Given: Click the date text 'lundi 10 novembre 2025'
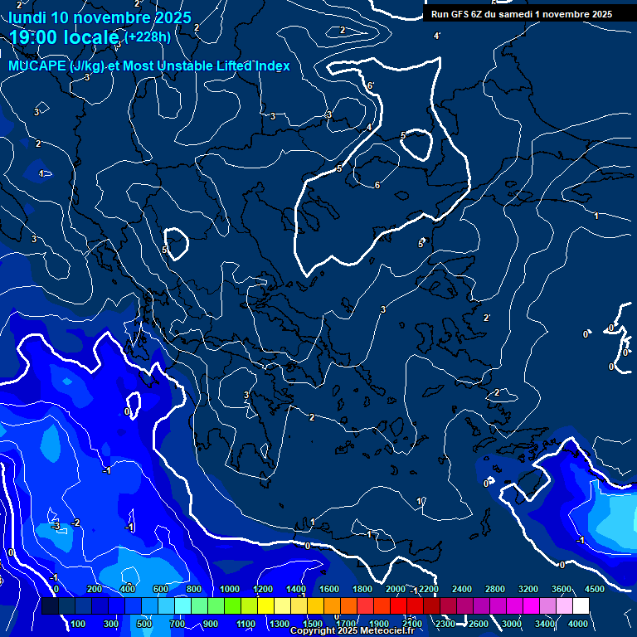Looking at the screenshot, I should tap(100, 17).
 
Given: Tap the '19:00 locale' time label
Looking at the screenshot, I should tap(65, 37).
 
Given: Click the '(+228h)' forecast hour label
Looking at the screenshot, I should tap(148, 36).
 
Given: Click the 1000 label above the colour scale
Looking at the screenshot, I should tap(230, 589).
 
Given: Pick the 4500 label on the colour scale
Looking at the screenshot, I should tap(595, 589).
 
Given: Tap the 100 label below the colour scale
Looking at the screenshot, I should tap(78, 624).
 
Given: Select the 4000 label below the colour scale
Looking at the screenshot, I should tap(579, 624).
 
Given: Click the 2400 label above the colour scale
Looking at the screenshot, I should tap(462, 589).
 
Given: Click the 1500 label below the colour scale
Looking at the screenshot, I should tap(313, 624).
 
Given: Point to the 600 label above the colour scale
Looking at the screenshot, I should tap(162, 589).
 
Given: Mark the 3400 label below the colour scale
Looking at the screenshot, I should tap(545, 624).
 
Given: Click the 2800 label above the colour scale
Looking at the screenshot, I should tap(495, 589).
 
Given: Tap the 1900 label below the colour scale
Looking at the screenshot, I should tap(379, 624).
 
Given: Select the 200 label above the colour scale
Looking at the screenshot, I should tap(95, 589).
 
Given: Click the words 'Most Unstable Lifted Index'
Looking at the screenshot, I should tap(207, 66).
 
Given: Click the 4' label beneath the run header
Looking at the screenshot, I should tap(437, 36).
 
